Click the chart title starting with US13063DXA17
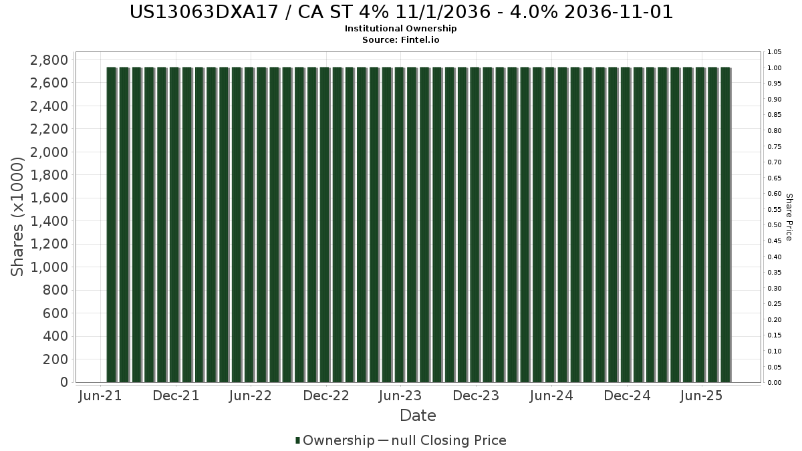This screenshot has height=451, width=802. (x=401, y=12)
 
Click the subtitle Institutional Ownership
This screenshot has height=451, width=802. (x=400, y=29)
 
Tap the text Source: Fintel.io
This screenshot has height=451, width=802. (x=400, y=39)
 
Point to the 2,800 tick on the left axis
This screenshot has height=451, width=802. (x=49, y=59)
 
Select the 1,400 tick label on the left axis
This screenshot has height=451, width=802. (x=49, y=221)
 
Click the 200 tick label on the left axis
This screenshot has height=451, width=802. (x=55, y=359)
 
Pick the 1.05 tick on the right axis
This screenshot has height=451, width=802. (x=775, y=52)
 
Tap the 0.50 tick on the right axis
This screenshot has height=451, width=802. (x=775, y=225)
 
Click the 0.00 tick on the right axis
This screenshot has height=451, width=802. (x=775, y=383)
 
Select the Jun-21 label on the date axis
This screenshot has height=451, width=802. (x=100, y=396)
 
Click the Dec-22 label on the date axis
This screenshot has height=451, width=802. (x=326, y=396)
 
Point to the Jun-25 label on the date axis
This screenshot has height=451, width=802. (x=701, y=396)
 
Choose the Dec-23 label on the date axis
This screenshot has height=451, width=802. (x=476, y=396)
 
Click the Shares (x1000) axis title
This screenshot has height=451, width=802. (x=17, y=216)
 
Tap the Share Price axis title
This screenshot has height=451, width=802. (x=789, y=217)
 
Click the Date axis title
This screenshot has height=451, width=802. (x=418, y=416)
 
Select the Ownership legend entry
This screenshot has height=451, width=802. (x=335, y=440)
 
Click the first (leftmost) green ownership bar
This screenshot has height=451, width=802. (x=112, y=224)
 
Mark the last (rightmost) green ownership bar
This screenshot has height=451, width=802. (x=725, y=224)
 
